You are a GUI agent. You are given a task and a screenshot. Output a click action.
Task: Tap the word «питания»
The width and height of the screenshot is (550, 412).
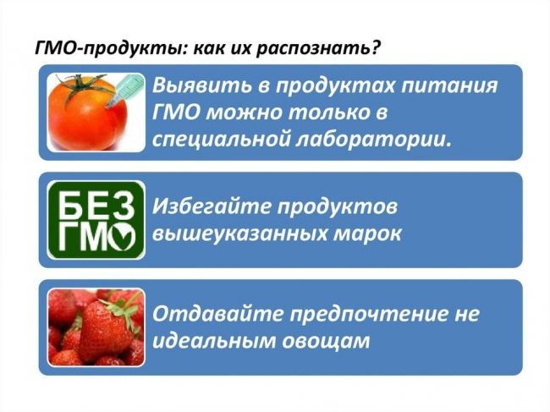pos(449,86)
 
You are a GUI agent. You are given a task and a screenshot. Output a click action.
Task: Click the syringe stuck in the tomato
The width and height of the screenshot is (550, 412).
pos(125,91)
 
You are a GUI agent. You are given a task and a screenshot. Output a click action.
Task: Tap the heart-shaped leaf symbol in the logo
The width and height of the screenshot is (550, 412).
pos(121,236)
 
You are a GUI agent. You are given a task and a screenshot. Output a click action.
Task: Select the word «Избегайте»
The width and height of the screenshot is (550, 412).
pos(212,206)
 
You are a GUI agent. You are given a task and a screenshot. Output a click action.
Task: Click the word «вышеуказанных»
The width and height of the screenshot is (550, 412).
pos(239,233)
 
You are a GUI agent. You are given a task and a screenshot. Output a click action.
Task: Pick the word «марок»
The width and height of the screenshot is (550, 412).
pos(367,234)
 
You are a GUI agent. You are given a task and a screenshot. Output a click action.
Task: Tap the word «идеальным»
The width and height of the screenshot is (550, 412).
pos(213,341)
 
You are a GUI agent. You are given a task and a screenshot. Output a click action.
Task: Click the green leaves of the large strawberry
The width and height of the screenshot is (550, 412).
pos(121,310)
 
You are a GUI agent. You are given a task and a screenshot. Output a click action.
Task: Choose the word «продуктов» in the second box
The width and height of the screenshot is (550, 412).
pos(338,207)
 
